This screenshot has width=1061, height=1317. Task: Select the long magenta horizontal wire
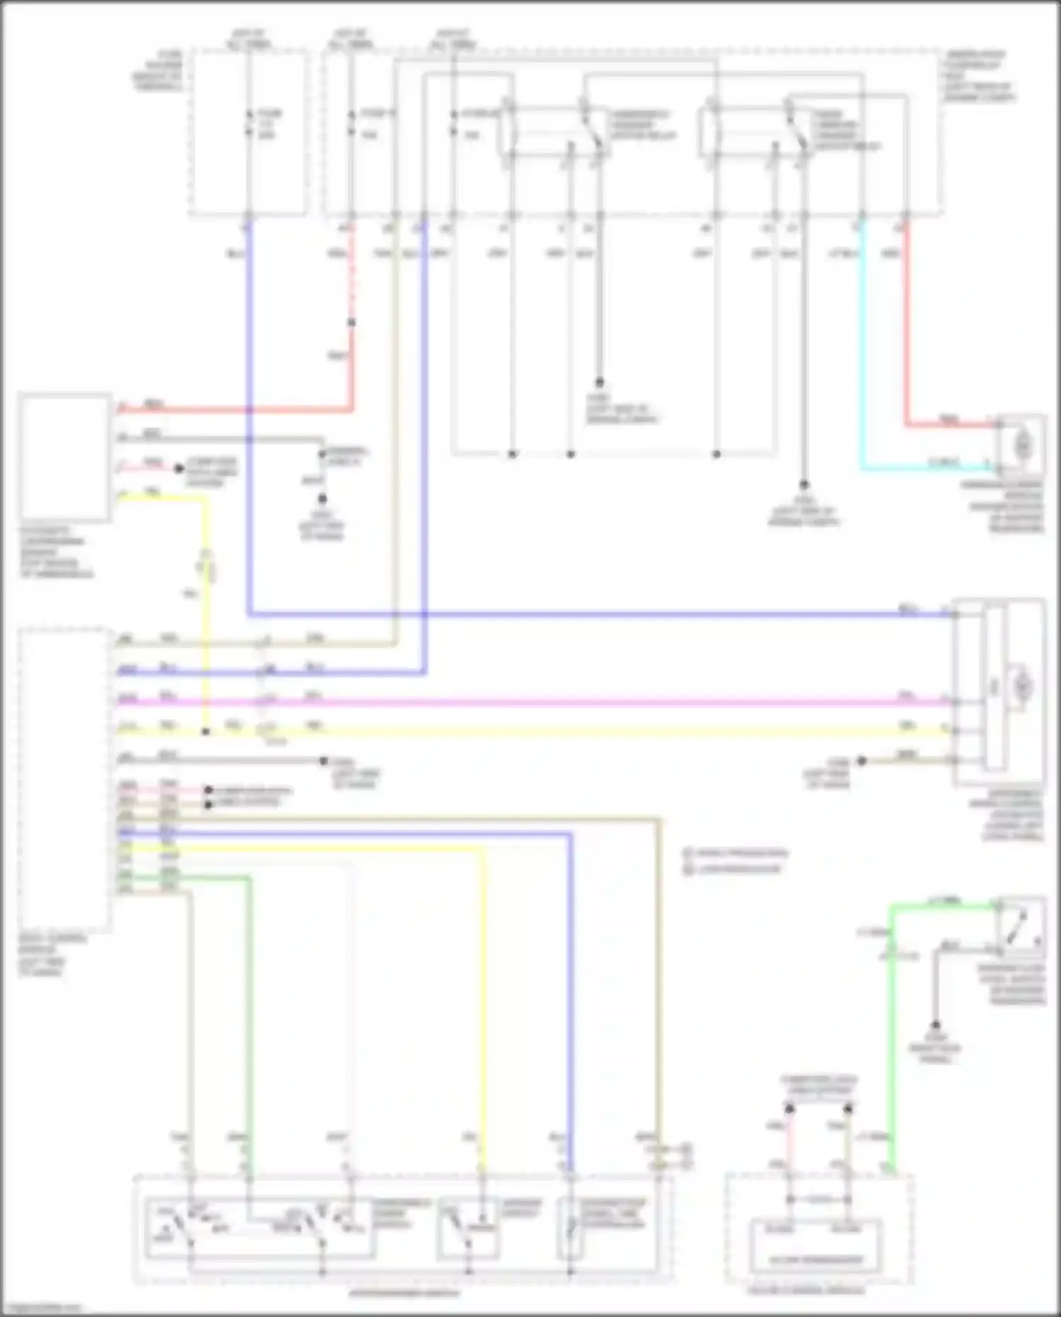pyautogui.click(x=566, y=702)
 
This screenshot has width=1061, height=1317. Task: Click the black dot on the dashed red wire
pyautogui.click(x=352, y=323)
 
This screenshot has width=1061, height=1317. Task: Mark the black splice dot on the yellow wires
pyautogui.click(x=206, y=731)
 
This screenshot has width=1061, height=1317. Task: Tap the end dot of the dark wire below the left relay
pyautogui.click(x=599, y=382)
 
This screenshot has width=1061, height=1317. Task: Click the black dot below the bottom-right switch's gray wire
pyautogui.click(x=936, y=1025)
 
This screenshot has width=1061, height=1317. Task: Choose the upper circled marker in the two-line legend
pyautogui.click(x=687, y=853)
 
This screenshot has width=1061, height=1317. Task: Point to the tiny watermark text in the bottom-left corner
pyautogui.click(x=41, y=1308)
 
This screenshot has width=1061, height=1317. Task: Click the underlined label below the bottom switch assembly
pyautogui.click(x=404, y=1293)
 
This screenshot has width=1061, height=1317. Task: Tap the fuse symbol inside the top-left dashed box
pyautogui.click(x=248, y=122)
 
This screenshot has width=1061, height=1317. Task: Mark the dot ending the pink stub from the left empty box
pyautogui.click(x=180, y=468)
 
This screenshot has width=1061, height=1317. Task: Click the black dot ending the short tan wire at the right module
pyautogui.click(x=862, y=761)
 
